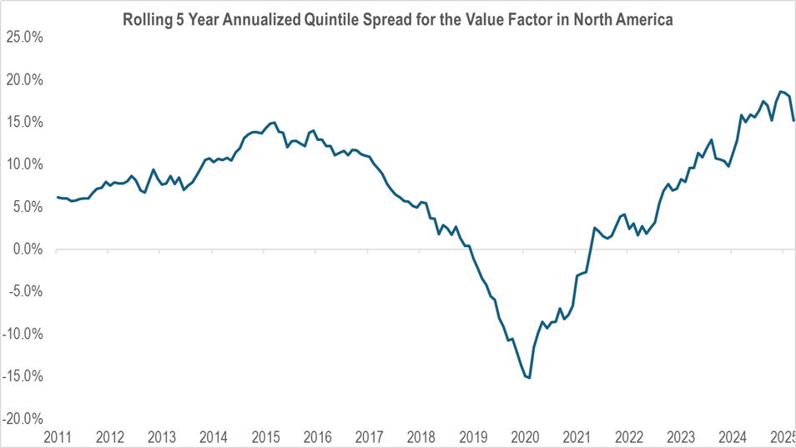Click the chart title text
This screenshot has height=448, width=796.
point(398,18)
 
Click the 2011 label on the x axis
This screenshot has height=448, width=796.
point(58,436)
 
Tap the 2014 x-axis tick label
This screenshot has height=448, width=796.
point(214,436)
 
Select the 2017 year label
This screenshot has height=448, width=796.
point(369,436)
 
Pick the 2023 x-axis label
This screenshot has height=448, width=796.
point(680,436)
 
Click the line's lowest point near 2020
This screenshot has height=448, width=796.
point(530,378)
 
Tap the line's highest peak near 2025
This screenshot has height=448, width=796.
point(780,92)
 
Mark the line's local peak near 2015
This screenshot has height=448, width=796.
point(275,123)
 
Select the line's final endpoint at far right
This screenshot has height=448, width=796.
point(793,121)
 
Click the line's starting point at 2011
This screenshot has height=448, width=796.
point(57,197)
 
